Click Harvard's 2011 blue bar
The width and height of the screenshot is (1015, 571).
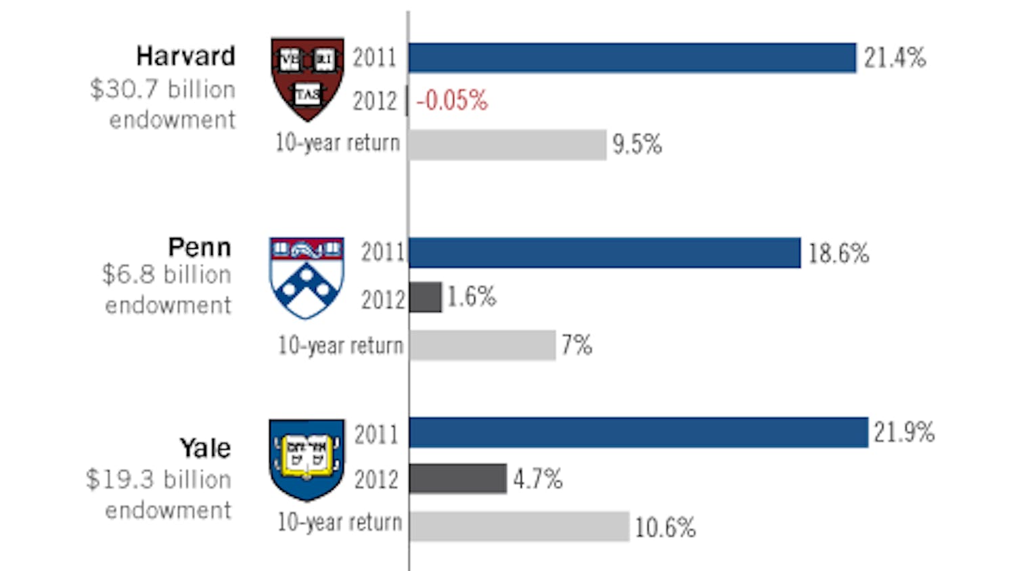(632, 58)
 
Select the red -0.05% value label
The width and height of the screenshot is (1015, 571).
(451, 101)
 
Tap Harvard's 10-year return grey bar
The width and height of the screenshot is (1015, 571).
(507, 145)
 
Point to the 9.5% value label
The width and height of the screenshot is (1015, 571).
(637, 144)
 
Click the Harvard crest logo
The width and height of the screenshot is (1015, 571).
(307, 78)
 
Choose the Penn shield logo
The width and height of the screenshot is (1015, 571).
(307, 277)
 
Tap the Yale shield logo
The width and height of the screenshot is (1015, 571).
(307, 459)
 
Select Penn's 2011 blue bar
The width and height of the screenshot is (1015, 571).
(604, 253)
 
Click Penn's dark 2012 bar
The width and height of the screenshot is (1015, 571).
(426, 297)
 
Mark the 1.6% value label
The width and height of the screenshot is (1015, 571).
(472, 296)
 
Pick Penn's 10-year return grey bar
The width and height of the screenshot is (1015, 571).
(482, 345)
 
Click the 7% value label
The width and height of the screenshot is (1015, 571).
(577, 345)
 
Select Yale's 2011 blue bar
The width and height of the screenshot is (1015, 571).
(638, 432)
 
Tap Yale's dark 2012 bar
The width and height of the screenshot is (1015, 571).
(458, 479)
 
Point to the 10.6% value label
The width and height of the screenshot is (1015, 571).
(665, 527)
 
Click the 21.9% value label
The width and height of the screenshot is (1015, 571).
(904, 432)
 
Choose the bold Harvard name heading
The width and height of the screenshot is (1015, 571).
(185, 56)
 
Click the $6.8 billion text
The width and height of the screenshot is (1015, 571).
(166, 275)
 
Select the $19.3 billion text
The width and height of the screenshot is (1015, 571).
(158, 480)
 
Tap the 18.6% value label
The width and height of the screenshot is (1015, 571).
(838, 254)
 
